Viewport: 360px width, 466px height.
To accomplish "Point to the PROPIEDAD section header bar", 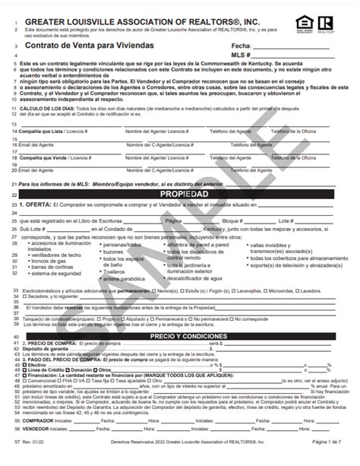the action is click(179, 173).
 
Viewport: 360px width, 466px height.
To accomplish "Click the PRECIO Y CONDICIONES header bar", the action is click(179, 314).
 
